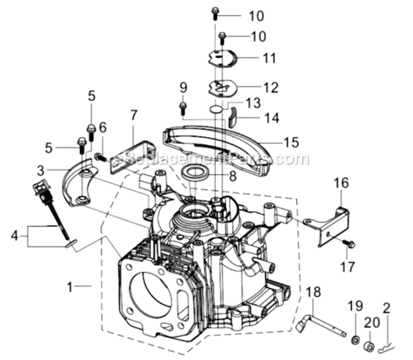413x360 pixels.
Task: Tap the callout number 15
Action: [x=291, y=143]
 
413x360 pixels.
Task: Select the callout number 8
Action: [x=232, y=176]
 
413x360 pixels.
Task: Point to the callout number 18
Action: [x=313, y=292]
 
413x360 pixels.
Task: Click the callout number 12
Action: [x=270, y=88]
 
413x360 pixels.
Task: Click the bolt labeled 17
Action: [x=349, y=244]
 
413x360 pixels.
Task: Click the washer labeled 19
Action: [x=355, y=340]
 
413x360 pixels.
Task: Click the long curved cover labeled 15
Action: [x=216, y=144]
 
